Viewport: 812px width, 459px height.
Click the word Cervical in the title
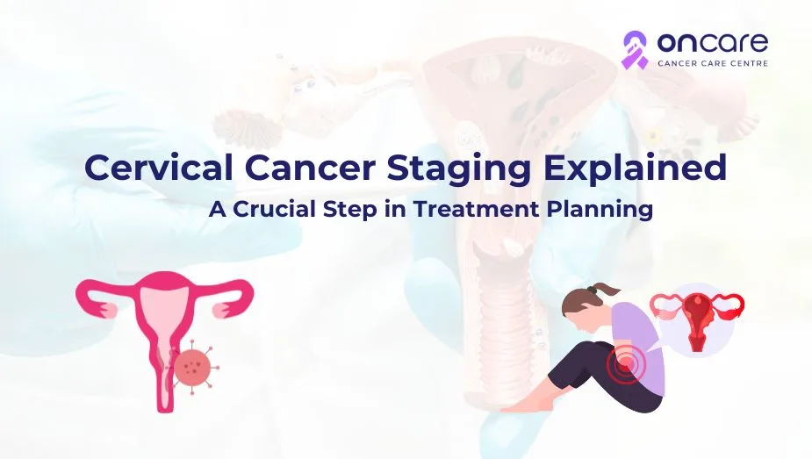coord(159,167)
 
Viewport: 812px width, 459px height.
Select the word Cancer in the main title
coord(309,167)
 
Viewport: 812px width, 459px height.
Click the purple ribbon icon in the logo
coord(635,50)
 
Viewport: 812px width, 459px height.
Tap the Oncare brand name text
coord(713,42)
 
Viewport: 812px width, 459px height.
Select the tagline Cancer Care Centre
coord(713,63)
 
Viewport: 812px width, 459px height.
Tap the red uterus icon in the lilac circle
coord(696,319)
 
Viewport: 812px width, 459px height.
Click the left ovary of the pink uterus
coord(109,310)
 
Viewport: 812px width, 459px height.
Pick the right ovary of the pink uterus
coord(221,310)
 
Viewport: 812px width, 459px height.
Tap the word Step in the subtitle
coord(350,211)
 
